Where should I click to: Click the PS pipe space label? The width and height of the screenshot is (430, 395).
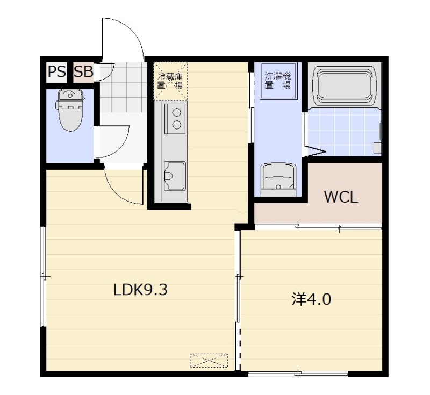click(57, 72)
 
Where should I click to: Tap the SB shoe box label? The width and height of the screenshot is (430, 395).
click(84, 72)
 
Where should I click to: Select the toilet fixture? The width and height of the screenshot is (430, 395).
click(70, 110)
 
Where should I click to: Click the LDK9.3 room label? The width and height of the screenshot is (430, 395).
click(140, 290)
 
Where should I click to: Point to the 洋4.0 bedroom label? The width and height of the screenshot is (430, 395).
click(311, 299)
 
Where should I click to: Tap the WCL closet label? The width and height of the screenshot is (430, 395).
click(341, 197)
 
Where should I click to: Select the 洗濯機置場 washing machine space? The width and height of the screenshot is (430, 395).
click(278, 81)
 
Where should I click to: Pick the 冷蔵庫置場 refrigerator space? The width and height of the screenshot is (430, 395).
click(170, 81)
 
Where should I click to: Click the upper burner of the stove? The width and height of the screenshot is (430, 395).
click(177, 112)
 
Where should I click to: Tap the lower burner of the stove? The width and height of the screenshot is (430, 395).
click(177, 125)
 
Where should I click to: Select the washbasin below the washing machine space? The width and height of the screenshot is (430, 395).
click(278, 180)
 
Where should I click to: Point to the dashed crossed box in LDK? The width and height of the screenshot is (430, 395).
click(209, 361)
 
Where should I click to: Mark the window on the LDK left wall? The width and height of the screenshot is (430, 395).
click(43, 276)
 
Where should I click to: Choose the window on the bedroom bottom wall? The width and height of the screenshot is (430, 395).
click(298, 374)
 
